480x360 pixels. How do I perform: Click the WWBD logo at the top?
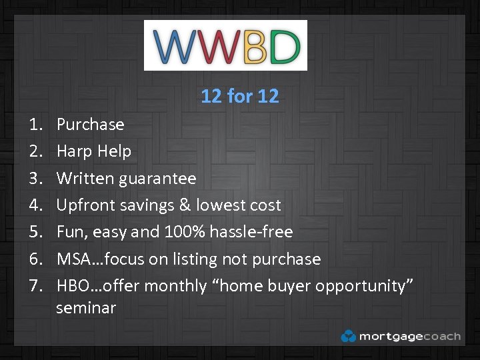pos(225,45)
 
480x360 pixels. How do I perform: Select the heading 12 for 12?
pos(239,97)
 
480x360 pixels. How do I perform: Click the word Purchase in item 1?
pos(90,125)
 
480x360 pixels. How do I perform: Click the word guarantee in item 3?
pos(163,179)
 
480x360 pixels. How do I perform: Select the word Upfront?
pos(86,205)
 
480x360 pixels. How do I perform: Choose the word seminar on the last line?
pos(86,308)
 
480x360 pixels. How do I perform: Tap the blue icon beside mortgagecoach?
pos(348,336)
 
